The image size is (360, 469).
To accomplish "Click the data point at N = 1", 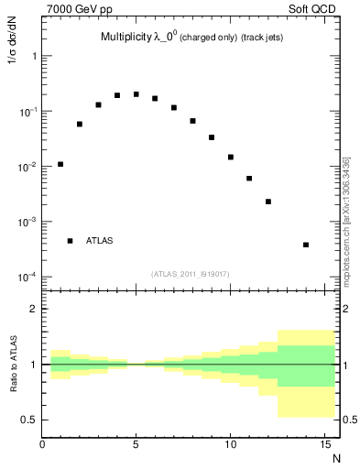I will click(60, 165).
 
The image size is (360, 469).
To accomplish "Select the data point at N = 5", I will click(136, 94).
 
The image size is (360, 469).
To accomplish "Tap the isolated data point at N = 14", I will click(306, 245).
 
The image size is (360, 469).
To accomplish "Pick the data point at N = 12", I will click(268, 202).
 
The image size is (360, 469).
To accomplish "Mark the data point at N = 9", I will click(212, 137).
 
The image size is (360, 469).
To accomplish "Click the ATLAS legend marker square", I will click(70, 241).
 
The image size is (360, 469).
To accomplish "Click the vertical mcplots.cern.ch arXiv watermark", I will click(346, 220).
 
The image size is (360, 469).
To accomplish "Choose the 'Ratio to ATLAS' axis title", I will click(13, 365).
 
